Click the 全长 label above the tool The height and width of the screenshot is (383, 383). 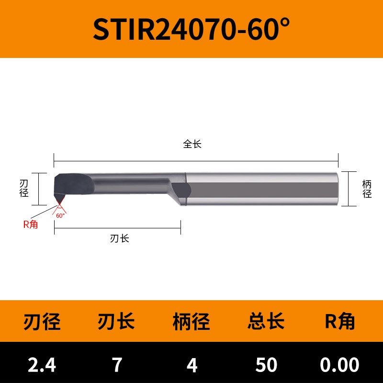pyautogui.click(x=192, y=144)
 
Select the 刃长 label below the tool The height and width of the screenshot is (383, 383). pyautogui.click(x=119, y=238)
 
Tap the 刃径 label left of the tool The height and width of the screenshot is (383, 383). pyautogui.click(x=24, y=189)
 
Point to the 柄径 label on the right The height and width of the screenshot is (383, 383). pyautogui.click(x=367, y=189)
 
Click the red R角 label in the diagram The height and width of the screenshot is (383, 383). pyautogui.click(x=30, y=225)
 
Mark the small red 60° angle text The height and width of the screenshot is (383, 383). pyautogui.click(x=60, y=216)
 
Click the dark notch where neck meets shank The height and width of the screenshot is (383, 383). pyautogui.click(x=181, y=190)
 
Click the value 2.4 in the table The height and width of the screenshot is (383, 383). pyautogui.click(x=42, y=365)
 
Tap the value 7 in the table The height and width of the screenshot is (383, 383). pyautogui.click(x=117, y=365)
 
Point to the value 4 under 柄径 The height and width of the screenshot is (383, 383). pyautogui.click(x=192, y=365)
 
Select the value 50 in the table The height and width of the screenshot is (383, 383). pyautogui.click(x=266, y=365)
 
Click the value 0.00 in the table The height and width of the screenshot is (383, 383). pyautogui.click(x=340, y=365)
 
